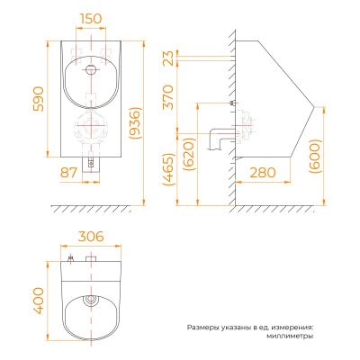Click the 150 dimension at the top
(x=91, y=19)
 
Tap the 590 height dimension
(x=39, y=99)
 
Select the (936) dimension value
(x=134, y=122)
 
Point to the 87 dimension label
(x=68, y=173)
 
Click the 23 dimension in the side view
(x=168, y=58)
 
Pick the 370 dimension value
(x=168, y=97)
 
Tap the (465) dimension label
(x=168, y=169)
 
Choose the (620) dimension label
(x=191, y=154)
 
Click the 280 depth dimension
(x=263, y=173)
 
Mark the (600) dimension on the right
(x=316, y=156)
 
